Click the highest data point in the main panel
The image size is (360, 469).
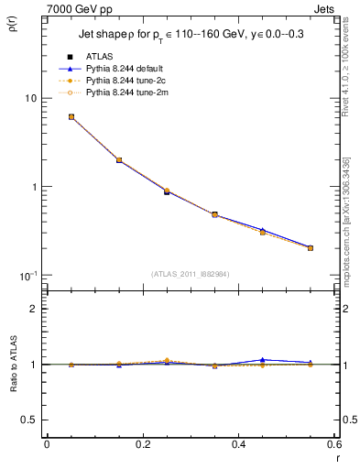click(71, 116)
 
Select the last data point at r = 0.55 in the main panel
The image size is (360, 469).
click(311, 247)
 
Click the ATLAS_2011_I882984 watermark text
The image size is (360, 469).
click(190, 274)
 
